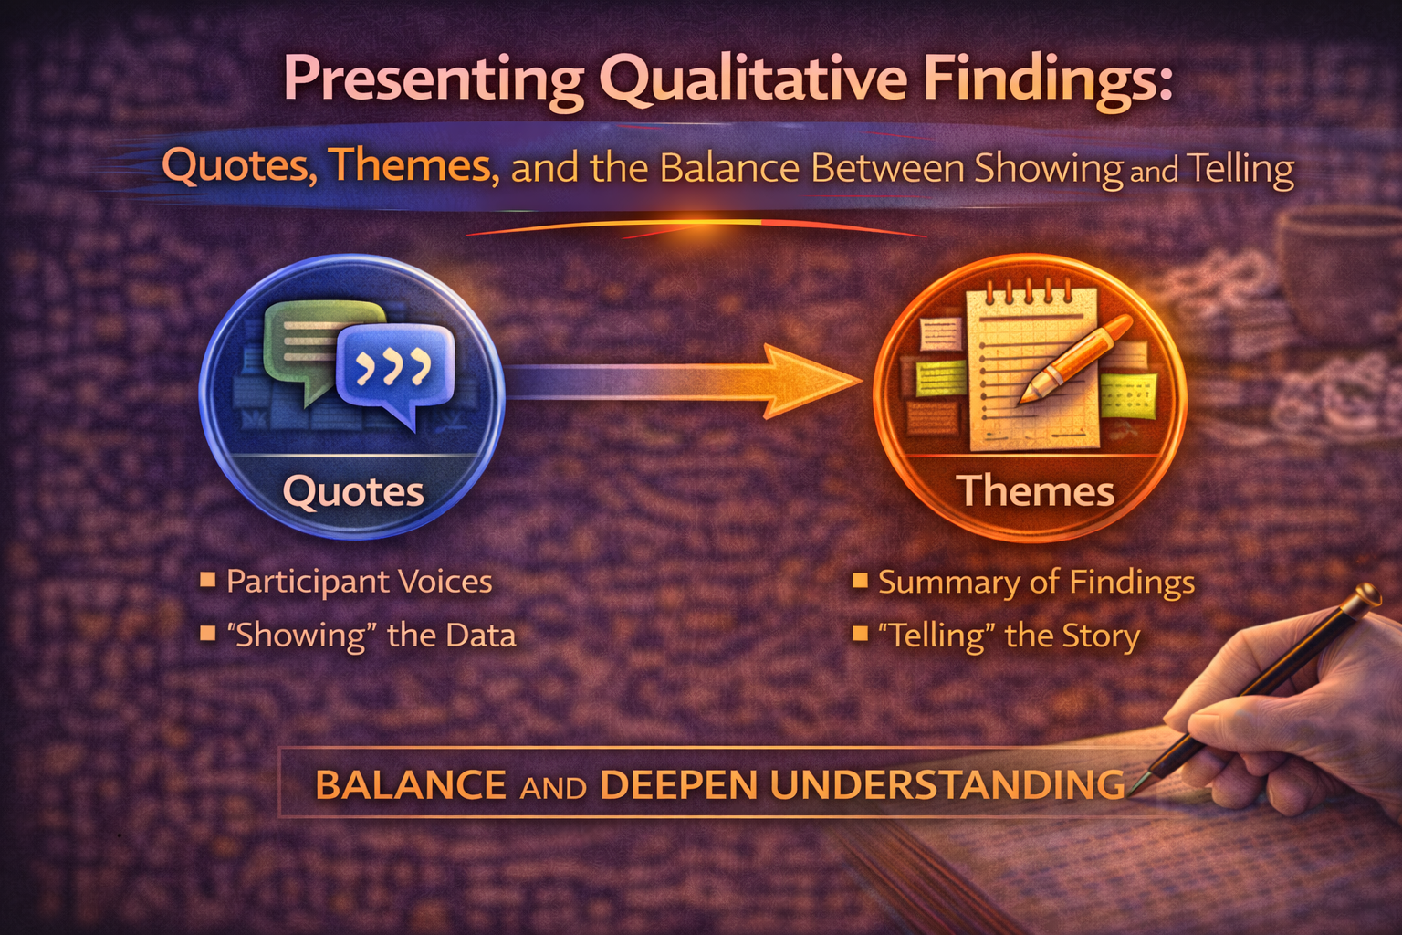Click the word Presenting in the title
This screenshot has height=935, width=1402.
(x=434, y=80)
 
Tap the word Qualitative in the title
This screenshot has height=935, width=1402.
(x=754, y=80)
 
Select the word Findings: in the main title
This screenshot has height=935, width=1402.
(x=1047, y=80)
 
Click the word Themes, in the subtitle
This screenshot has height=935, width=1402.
(x=413, y=166)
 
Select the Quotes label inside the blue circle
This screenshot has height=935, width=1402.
(x=353, y=492)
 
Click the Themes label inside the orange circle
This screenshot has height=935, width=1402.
(x=1035, y=491)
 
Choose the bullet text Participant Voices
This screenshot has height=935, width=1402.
(x=359, y=582)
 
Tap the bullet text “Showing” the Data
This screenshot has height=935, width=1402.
(x=371, y=636)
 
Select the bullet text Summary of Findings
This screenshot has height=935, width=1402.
(x=1036, y=583)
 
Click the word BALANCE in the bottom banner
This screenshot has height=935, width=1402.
(x=410, y=785)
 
